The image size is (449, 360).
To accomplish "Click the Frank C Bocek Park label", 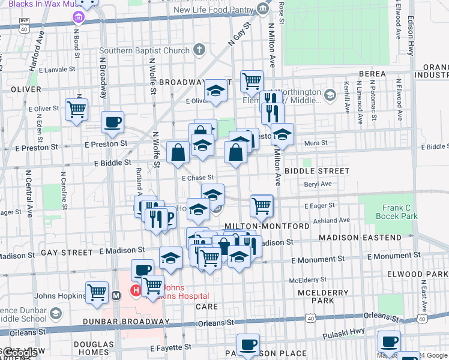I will click(399, 212).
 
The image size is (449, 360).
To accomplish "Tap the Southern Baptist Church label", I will click(144, 51).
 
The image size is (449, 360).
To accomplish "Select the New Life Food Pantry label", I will click(214, 10).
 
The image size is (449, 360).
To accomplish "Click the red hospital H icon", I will click(136, 291).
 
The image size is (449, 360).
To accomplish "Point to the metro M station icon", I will click(117, 295).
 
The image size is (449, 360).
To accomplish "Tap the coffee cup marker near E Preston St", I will click(113, 122).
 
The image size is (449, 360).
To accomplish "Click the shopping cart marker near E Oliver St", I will click(77, 110).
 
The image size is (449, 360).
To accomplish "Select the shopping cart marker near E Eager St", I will click(262, 206).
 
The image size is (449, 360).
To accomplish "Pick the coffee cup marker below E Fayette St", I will click(248, 345).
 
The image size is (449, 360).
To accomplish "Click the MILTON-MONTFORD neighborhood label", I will click(267, 226).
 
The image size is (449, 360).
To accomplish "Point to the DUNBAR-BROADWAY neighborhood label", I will click(127, 322).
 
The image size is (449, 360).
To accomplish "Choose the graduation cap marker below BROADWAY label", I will click(214, 91).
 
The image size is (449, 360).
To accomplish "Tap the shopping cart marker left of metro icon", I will click(97, 293).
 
